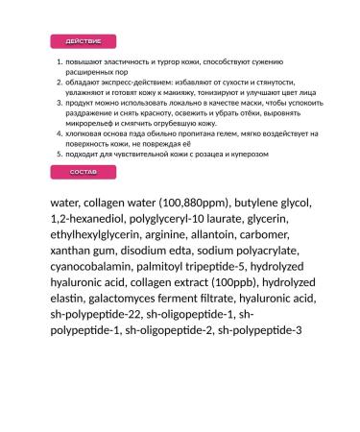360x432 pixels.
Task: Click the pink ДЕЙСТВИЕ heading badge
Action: pos(82,42)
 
